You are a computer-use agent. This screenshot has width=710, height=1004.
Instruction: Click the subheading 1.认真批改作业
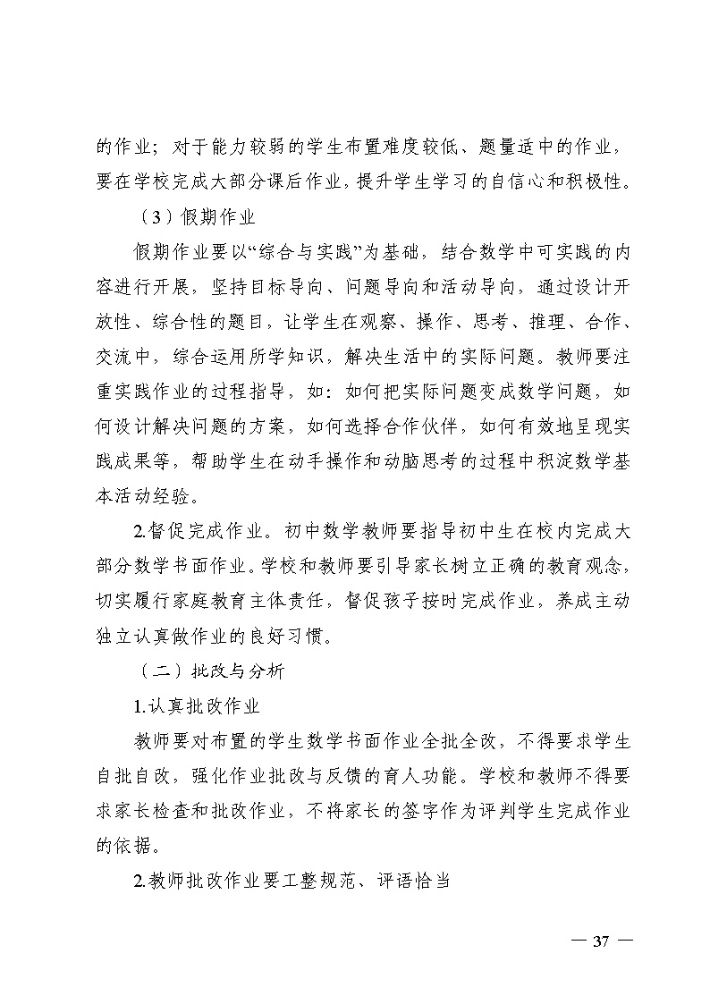pos(196,706)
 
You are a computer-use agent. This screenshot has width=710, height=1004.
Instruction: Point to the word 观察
pos(362,320)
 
